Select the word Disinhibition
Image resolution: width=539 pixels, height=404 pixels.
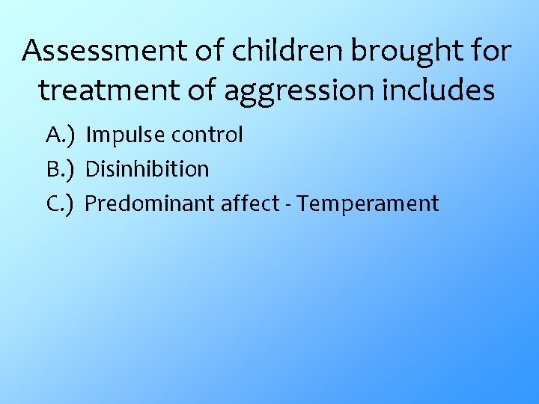[147, 170]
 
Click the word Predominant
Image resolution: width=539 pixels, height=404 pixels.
[150, 203]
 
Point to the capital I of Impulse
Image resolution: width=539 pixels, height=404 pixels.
[89, 135]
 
